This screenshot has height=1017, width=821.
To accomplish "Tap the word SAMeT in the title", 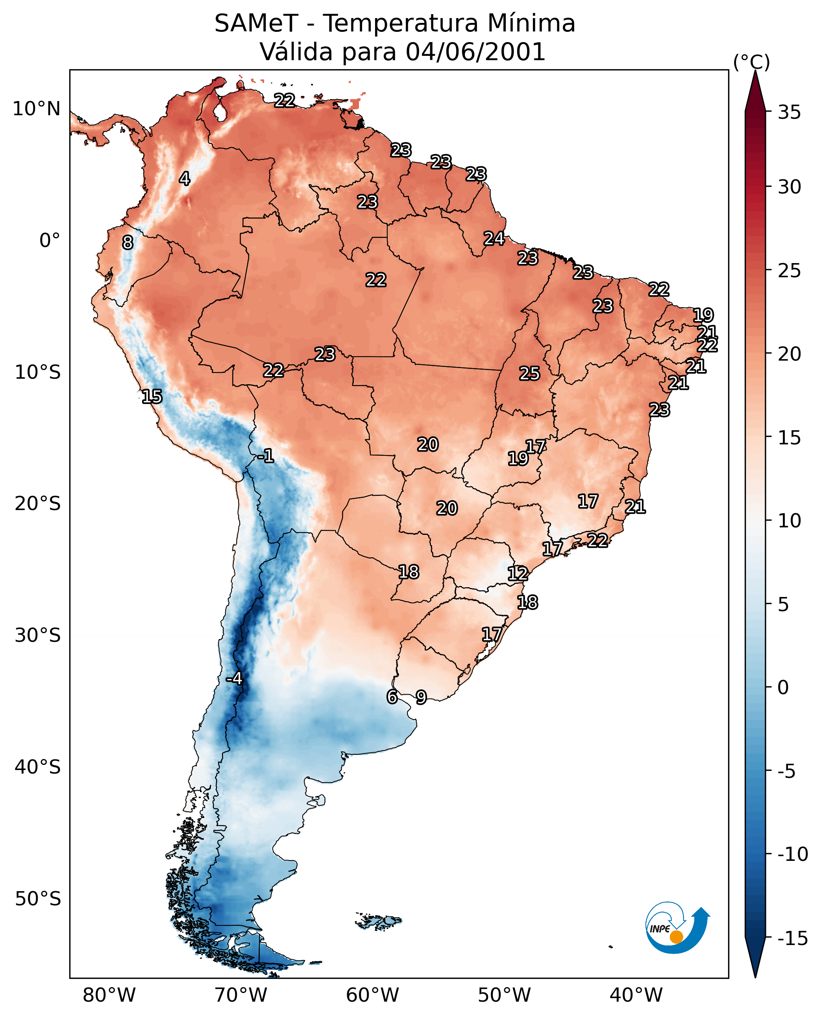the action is point(256,24).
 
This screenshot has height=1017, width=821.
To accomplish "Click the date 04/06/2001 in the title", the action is point(475,52).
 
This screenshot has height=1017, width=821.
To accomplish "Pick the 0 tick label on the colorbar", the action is point(783,687).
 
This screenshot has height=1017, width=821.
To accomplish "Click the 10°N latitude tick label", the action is point(37,109).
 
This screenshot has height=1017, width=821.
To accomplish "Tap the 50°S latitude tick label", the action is point(38,898).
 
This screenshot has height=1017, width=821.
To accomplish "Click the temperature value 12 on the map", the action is point(518,573).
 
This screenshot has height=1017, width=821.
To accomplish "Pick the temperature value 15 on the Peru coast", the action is point(152,396).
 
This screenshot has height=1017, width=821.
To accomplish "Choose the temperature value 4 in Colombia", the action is point(185,179).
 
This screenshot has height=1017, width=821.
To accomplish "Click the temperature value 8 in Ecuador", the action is point(128,242).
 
